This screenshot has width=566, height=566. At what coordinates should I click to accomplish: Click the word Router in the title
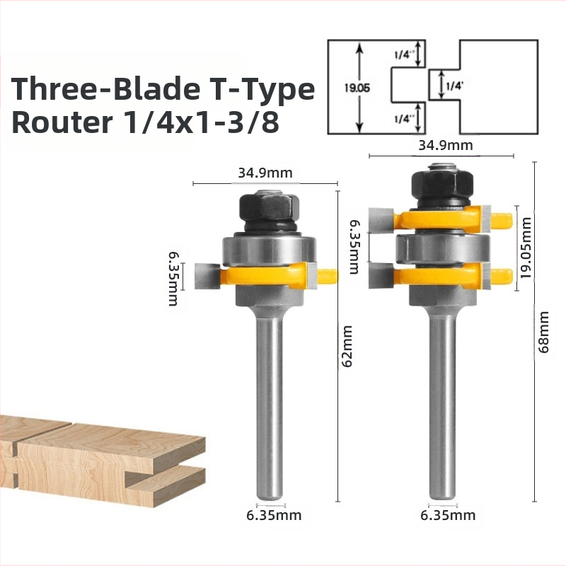point(62,122)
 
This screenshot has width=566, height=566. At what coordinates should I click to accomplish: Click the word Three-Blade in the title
point(105,89)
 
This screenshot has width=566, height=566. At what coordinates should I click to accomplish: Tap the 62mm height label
point(347,346)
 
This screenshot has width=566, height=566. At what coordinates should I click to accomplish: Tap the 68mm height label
point(543,332)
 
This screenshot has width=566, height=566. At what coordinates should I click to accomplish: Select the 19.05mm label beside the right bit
point(526,248)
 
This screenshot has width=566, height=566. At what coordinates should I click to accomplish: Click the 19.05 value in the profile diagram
point(357,88)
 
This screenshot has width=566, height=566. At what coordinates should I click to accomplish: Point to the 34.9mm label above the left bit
point(265,173)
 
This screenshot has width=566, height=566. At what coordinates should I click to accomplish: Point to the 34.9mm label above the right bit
point(446,145)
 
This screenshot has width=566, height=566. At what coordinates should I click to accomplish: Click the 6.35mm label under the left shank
point(274,515)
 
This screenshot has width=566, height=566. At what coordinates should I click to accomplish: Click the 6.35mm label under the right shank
point(448,515)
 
